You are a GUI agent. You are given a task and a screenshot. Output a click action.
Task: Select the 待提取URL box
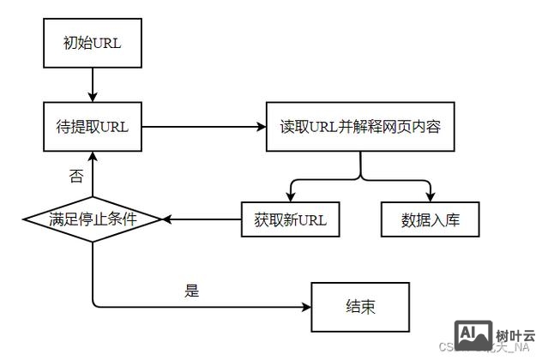(x=92, y=128)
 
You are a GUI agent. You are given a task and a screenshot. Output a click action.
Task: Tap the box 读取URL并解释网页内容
(x=360, y=128)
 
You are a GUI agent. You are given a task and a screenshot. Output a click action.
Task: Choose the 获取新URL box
(x=290, y=219)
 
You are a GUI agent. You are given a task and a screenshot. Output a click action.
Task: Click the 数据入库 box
(x=430, y=219)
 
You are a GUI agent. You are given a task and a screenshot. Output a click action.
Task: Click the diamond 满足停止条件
(x=92, y=219)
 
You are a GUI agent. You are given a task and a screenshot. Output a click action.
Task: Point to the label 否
(x=75, y=177)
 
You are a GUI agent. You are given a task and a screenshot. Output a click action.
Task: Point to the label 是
(x=191, y=291)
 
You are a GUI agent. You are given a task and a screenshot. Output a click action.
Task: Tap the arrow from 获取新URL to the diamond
(x=202, y=219)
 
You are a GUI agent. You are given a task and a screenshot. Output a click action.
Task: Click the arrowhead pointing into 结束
(x=306, y=307)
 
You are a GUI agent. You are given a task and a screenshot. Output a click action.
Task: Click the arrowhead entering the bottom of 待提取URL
(x=92, y=158)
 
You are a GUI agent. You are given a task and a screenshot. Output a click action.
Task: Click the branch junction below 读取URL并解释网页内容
(x=360, y=178)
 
